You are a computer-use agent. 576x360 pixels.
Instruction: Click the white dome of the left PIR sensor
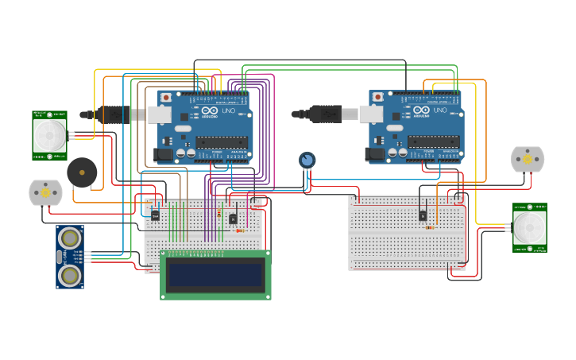pos(49,135)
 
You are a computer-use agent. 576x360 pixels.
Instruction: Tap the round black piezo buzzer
pos(81,172)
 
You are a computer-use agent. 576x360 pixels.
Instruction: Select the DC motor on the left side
pos(45,192)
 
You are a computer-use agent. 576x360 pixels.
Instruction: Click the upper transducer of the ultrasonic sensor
pos(70,237)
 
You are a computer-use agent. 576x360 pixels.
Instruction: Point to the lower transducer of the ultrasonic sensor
pos(70,275)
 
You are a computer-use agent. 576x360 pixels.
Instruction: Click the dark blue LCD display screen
pos(215,275)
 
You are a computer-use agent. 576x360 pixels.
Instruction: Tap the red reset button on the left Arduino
pos(166,97)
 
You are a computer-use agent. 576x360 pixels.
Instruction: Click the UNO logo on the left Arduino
pos(228,110)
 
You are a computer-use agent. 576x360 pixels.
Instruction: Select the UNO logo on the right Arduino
pos(439,110)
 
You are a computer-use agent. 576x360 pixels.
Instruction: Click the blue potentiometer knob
pos(307,161)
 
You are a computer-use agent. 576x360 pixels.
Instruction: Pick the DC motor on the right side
pos(528,160)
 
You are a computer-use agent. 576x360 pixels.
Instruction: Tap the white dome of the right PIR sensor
pos(529,227)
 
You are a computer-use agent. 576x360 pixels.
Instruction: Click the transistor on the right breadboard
pos(423,215)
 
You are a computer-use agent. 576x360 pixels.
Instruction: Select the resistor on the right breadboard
pos(430,227)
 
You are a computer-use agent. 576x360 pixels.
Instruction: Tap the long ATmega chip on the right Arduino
pos(433,142)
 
